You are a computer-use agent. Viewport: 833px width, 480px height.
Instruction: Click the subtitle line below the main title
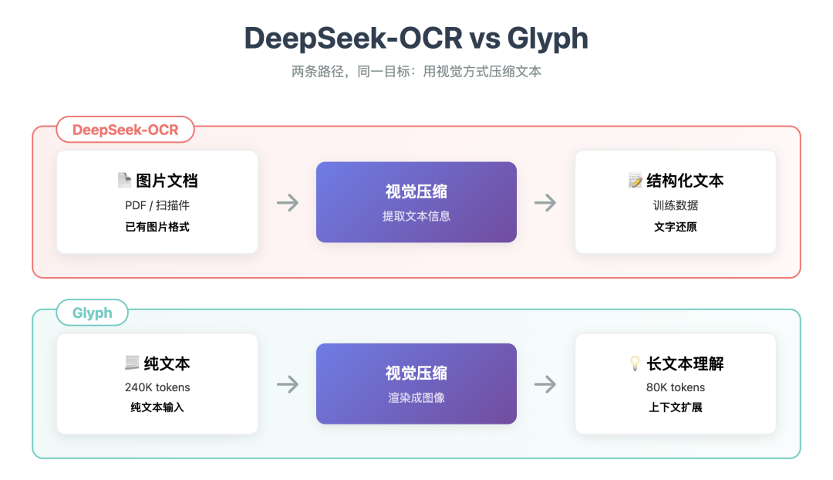(x=416, y=72)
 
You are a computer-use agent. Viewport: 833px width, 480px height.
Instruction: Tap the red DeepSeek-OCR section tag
(x=125, y=130)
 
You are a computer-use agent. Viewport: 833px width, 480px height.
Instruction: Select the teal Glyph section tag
(x=92, y=313)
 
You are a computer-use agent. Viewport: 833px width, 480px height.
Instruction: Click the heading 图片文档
(x=167, y=181)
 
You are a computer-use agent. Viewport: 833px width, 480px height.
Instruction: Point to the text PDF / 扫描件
(x=157, y=206)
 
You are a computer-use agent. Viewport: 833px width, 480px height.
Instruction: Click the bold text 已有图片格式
(x=157, y=227)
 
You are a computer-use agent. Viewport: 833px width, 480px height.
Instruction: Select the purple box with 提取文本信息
(x=416, y=202)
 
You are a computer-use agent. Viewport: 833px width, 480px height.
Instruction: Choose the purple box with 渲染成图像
(x=416, y=384)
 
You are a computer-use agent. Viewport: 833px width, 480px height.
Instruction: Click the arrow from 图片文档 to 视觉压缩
(x=288, y=203)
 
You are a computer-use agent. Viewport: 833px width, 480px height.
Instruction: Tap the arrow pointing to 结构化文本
(x=545, y=203)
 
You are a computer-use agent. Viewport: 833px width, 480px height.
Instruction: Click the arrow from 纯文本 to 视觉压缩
(x=288, y=384)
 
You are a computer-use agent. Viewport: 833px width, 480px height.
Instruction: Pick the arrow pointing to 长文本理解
(x=545, y=384)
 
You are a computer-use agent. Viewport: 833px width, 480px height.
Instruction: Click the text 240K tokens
(x=157, y=387)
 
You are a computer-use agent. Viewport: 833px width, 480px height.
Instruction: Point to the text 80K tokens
(x=676, y=387)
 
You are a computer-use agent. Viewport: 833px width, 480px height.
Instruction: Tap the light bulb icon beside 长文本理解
(x=635, y=363)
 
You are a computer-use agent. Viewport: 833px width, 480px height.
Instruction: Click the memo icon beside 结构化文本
(x=635, y=181)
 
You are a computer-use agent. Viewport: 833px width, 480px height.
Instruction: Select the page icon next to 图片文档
(x=123, y=181)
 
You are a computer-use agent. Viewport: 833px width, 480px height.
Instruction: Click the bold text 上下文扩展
(x=676, y=407)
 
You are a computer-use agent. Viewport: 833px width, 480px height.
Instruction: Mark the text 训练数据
(x=676, y=206)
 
